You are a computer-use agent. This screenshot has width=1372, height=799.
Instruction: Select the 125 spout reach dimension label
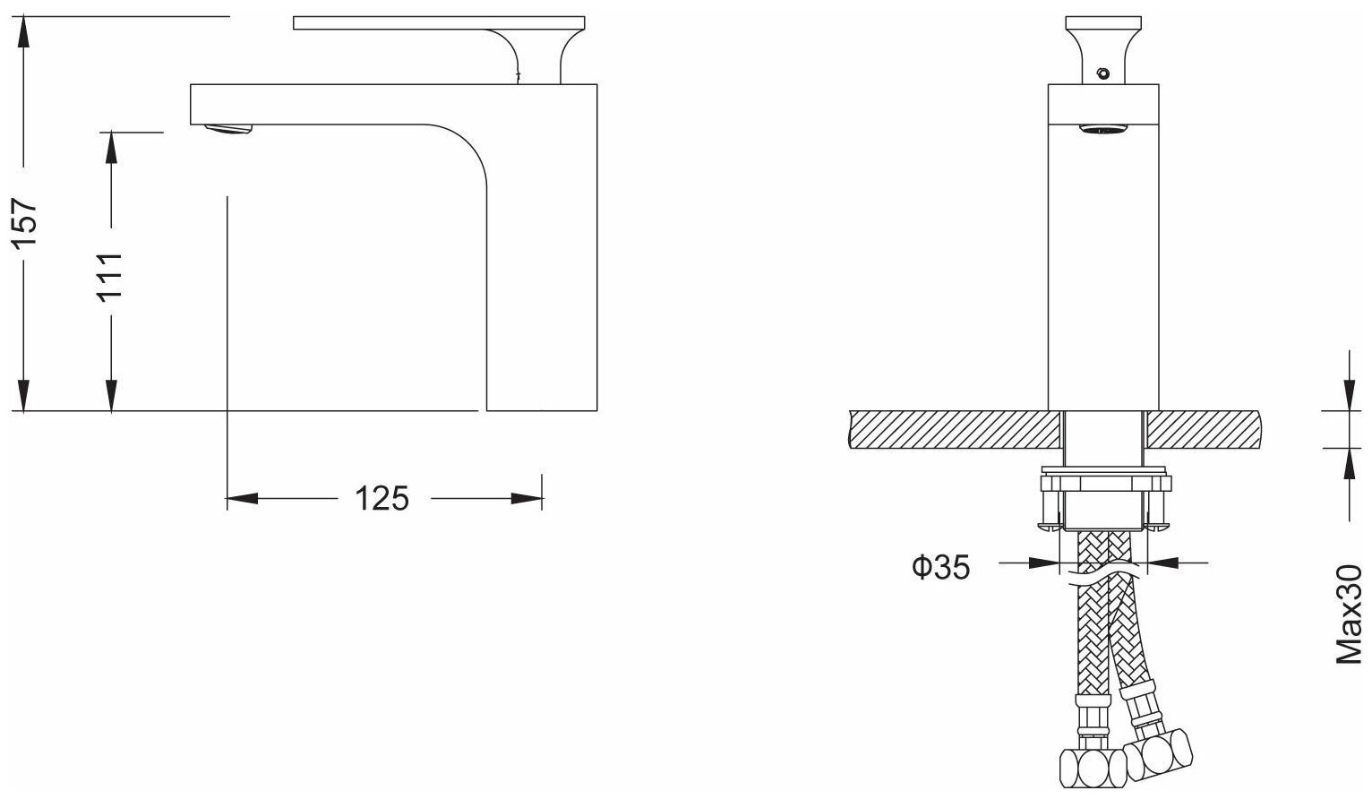click(382, 498)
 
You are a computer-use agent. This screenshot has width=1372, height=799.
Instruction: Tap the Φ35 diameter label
click(940, 566)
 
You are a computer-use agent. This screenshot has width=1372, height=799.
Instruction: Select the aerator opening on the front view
click(1102, 131)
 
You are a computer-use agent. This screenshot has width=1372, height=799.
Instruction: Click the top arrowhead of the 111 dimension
click(110, 147)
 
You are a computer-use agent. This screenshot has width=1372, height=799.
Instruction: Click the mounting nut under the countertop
click(1104, 485)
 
